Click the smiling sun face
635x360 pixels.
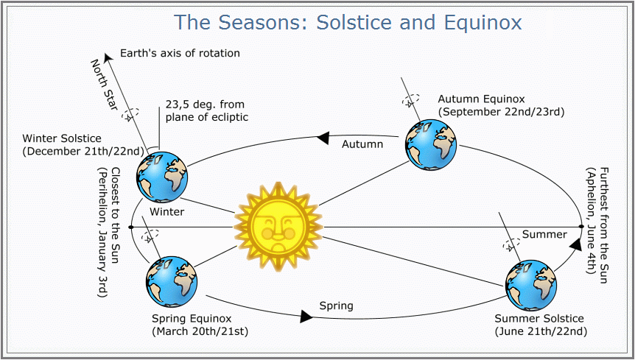(278, 227)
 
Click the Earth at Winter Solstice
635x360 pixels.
(162, 177)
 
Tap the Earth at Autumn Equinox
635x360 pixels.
(431, 145)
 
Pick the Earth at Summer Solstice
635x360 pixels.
(531, 286)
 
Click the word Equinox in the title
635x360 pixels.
(483, 22)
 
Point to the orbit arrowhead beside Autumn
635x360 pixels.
(323, 138)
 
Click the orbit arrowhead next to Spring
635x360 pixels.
(306, 317)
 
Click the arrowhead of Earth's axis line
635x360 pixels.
(108, 58)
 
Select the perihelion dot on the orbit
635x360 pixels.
(130, 227)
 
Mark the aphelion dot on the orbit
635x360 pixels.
(581, 227)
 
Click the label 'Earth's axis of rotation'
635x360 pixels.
(180, 53)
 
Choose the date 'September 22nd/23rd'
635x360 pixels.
(502, 112)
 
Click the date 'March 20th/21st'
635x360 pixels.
(200, 331)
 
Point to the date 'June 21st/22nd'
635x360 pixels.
(540, 332)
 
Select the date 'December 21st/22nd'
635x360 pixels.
(83, 151)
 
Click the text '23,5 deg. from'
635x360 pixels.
(205, 105)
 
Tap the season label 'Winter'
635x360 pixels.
(166, 211)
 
